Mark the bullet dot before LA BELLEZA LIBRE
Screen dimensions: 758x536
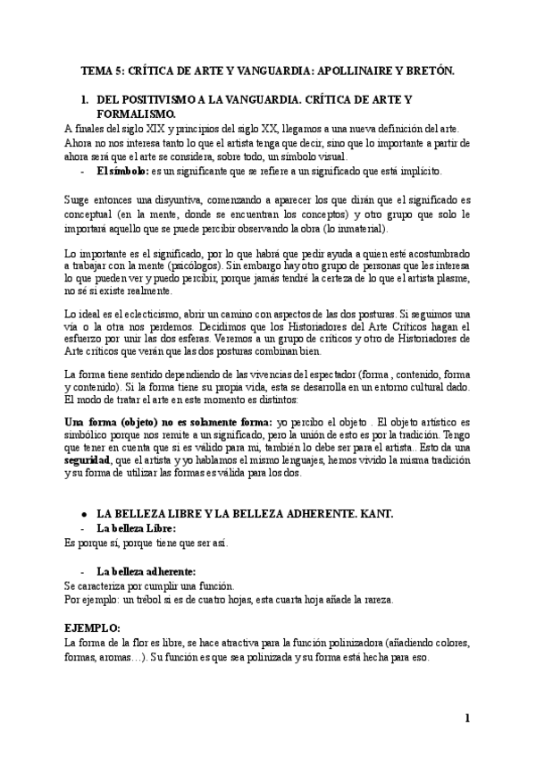83,515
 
